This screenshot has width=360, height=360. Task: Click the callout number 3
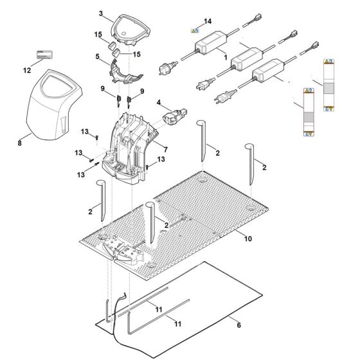pyautogui.click(x=101, y=13)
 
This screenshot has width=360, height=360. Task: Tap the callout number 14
pyautogui.click(x=207, y=22)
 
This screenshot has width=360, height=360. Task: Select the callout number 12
pyautogui.click(x=26, y=69)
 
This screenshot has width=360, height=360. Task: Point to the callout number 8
pyautogui.click(x=19, y=143)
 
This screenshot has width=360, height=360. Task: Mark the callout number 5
pyautogui.click(x=98, y=56)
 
